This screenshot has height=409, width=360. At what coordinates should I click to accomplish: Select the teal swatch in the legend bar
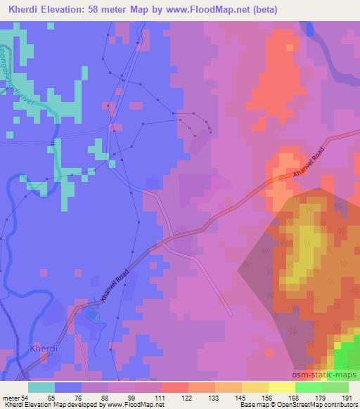(x=41, y=387)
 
